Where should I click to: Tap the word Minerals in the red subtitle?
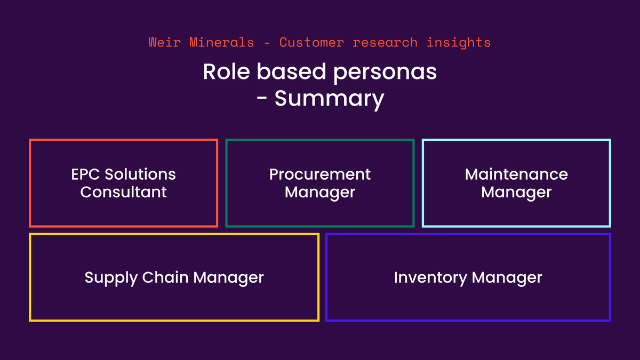tap(221, 42)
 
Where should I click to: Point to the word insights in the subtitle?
tap(459, 42)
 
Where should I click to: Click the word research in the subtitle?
tap(385, 42)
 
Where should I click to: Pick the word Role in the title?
tap(225, 72)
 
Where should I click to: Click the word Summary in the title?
tap(329, 99)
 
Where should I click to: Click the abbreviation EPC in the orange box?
tap(86, 174)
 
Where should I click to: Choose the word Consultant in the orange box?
tap(124, 192)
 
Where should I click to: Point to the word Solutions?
tap(140, 174)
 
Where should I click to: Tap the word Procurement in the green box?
tap(320, 174)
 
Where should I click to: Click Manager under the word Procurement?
tap(320, 193)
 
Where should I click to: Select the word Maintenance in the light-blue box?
tap(516, 174)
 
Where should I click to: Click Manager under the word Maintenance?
tap(516, 193)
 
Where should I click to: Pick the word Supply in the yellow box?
tap(110, 278)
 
